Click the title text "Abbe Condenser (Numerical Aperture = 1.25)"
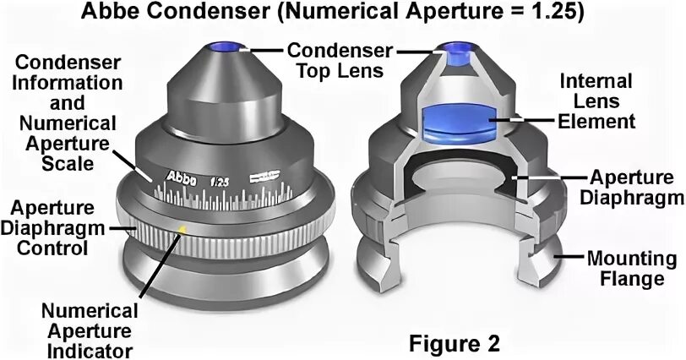pyautogui.click(x=343, y=14)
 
